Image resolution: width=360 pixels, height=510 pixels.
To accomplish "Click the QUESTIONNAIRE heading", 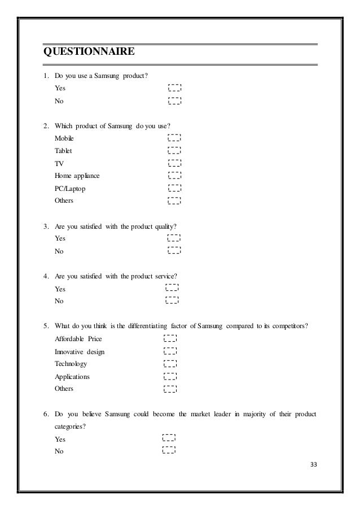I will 89,53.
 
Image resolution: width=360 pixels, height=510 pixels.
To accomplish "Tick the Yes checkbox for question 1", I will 175,88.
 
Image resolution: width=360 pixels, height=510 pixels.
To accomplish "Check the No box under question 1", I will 175,101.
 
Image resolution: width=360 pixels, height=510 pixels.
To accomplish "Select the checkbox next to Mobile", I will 175,138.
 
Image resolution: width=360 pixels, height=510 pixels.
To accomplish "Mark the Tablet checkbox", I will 175,151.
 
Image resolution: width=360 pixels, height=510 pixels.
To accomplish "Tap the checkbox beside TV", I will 175,163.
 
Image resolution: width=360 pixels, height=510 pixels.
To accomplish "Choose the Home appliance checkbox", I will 175,176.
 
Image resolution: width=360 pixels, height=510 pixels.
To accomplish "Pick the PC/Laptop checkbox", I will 175,188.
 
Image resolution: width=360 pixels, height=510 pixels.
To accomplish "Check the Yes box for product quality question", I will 174,238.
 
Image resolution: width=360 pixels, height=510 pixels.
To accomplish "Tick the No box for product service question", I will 173,301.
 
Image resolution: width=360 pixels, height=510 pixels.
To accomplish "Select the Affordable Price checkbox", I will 170,339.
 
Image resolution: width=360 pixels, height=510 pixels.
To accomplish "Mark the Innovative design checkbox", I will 170,351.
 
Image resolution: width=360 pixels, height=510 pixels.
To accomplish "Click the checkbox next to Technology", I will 170,364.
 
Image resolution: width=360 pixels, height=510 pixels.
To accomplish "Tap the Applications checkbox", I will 170,376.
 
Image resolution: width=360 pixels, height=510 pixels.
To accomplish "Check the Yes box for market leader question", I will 169,438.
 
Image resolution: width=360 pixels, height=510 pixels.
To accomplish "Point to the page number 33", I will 314,464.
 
